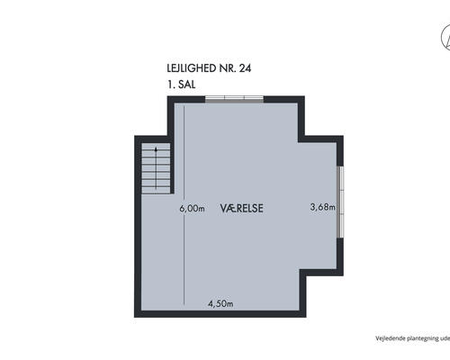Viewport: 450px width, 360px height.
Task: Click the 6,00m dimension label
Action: pos(192,208)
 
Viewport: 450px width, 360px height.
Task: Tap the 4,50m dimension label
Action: pos(220,303)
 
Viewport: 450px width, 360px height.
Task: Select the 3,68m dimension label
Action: pos(323,207)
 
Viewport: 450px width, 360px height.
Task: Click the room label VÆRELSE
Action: pos(242,208)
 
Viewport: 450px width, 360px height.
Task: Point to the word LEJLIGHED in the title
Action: pos(192,68)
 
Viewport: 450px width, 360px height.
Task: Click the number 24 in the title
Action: pos(245,68)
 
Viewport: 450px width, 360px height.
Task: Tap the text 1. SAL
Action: pos(182,85)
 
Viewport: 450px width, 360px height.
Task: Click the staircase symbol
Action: pos(156,168)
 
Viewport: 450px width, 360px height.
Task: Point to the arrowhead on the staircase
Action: pos(156,149)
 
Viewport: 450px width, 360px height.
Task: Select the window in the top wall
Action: pos(235,99)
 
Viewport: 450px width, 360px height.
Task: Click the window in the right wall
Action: pos(340,202)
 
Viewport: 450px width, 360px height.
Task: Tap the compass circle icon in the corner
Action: pos(445,39)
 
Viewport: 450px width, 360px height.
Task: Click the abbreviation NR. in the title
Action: pos(228,68)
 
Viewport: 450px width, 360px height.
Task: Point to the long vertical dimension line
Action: pos(184,204)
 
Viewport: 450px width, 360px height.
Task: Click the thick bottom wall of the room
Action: pos(220,314)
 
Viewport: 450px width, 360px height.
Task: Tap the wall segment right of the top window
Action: pos(284,99)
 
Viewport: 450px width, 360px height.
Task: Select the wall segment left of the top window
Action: pos(186,99)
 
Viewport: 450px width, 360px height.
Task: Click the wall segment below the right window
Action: pos(340,256)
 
